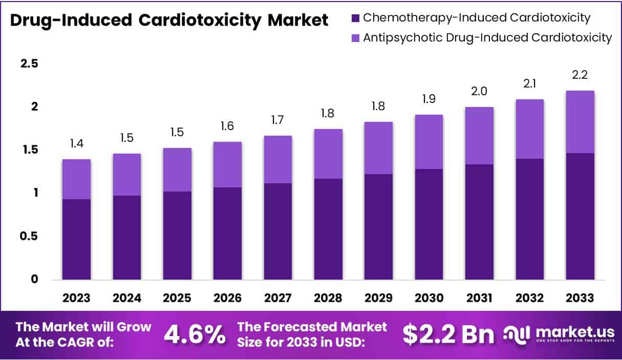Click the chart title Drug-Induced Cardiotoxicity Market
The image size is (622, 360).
coord(169,20)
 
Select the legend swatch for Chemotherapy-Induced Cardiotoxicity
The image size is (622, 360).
coord(356,18)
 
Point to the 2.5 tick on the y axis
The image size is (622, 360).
coord(29,63)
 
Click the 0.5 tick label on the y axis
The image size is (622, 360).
coord(29,236)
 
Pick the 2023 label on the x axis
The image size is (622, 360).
coord(76,298)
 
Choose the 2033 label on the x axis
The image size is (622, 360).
coord(580,298)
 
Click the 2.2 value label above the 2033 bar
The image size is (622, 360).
coord(580,75)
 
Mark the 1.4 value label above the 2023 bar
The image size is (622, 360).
coord(76,143)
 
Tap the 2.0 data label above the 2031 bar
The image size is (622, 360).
coord(479,91)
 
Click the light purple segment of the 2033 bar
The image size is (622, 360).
coord(580,122)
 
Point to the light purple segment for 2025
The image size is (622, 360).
coord(177,170)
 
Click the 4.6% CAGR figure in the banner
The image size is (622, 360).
coord(195,334)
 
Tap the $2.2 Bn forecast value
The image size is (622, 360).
coord(448,334)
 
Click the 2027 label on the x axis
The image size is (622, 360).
coord(278,298)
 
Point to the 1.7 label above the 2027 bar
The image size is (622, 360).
coord(278,120)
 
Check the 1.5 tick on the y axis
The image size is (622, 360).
coord(29,150)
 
